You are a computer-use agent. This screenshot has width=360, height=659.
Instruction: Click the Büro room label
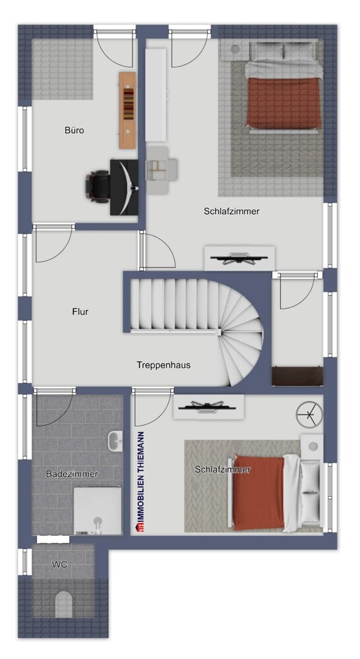click(75, 130)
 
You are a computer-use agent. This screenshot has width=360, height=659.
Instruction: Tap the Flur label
click(80, 312)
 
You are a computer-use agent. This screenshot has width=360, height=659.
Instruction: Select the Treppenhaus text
click(164, 364)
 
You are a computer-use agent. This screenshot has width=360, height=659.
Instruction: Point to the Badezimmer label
click(72, 474)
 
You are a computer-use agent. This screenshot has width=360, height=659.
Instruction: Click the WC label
click(60, 565)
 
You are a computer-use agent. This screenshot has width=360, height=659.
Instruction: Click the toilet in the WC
click(64, 604)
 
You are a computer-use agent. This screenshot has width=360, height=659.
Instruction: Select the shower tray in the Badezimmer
click(98, 511)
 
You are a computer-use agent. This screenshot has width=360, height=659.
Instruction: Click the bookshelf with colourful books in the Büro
click(127, 109)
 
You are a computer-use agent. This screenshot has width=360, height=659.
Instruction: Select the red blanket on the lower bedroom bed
click(258, 492)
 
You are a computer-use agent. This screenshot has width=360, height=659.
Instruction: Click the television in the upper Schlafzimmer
click(239, 258)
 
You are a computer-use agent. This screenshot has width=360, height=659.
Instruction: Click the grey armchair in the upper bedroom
click(161, 170)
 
